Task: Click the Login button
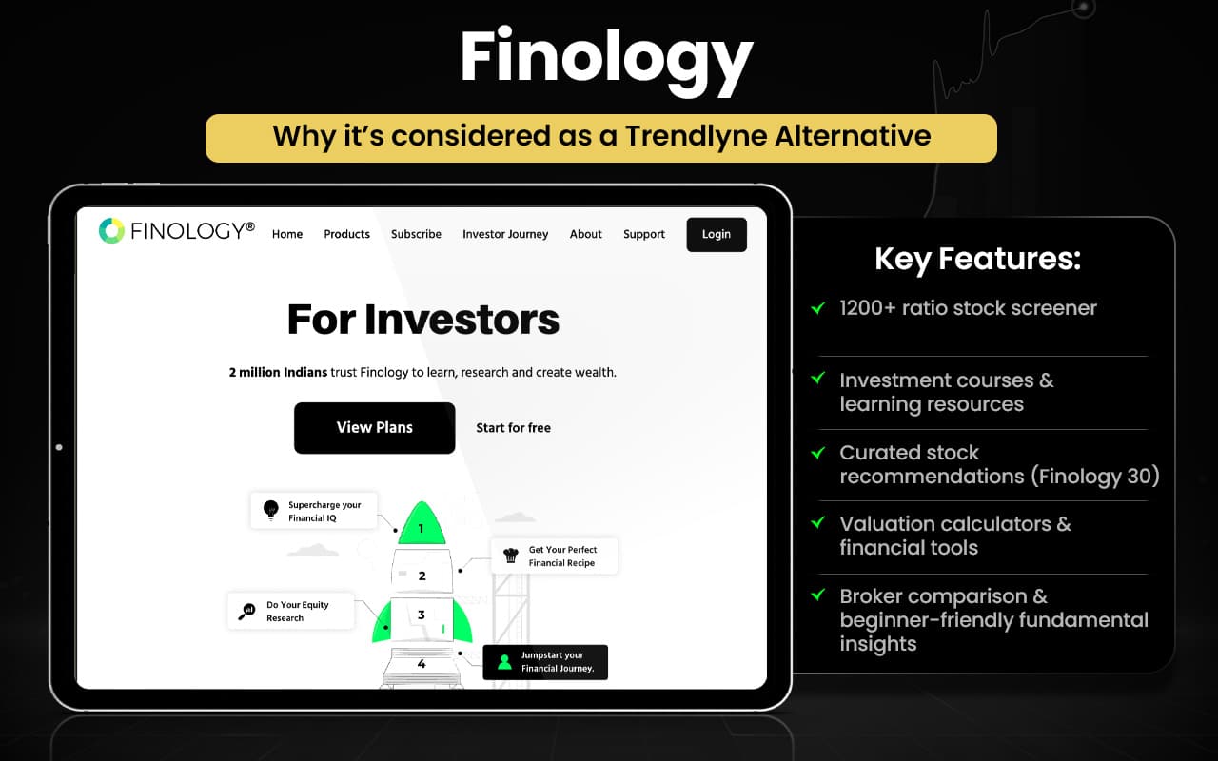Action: point(717,234)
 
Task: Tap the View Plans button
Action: point(374,427)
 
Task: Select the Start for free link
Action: point(513,428)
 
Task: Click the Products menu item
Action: point(346,234)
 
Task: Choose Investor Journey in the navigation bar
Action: point(505,234)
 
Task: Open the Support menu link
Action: point(644,234)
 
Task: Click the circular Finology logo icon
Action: point(111,230)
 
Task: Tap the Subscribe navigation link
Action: point(416,234)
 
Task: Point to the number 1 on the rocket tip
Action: point(421,528)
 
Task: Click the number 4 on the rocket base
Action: point(422,664)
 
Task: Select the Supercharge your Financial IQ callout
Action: point(313,511)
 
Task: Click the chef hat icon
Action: point(511,556)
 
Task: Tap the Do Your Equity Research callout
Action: point(291,611)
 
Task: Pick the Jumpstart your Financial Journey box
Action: point(545,661)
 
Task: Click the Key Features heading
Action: point(977,259)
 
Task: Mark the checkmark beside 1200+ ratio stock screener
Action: point(817,307)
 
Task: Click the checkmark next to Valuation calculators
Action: point(817,522)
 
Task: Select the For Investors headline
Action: point(423,320)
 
